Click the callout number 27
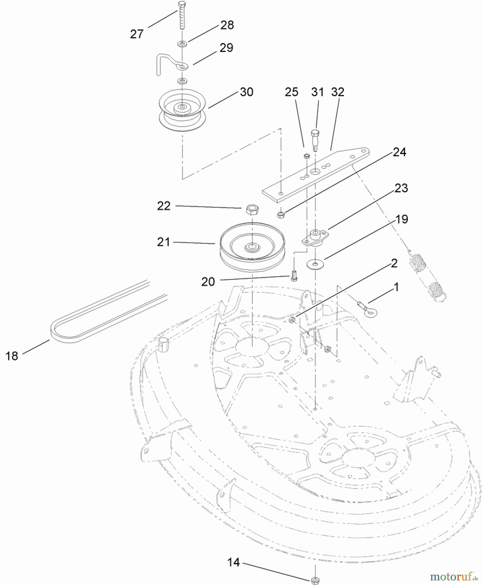(137, 34)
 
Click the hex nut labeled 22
(252, 210)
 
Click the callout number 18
(12, 356)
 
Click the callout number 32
(337, 92)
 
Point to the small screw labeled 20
(294, 277)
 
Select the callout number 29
(226, 48)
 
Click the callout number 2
(394, 263)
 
